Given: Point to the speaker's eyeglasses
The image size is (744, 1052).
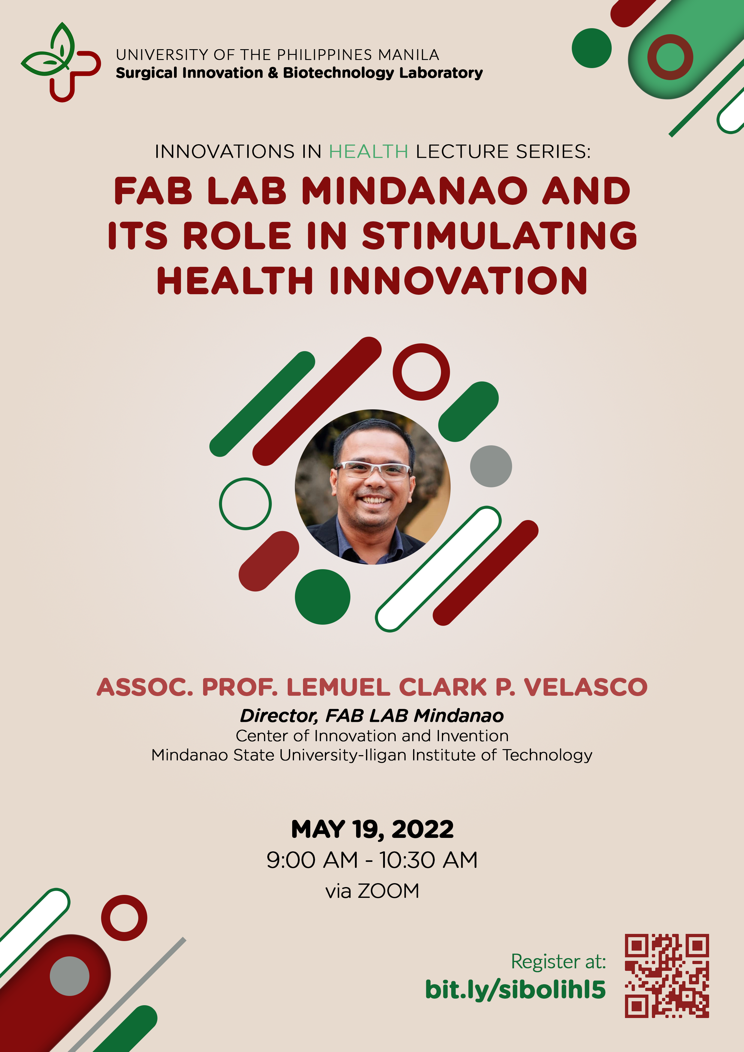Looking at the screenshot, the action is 373,470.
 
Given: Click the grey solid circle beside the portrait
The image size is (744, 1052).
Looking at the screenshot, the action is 491,466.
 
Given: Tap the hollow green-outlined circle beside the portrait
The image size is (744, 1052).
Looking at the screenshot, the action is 245,504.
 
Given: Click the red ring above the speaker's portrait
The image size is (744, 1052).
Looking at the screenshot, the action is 421,372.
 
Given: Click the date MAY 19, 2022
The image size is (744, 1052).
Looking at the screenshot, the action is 372,829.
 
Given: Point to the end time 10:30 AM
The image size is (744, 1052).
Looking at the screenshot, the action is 429,860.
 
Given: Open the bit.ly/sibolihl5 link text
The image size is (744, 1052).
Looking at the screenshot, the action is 515,990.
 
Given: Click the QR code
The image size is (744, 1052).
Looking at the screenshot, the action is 667,976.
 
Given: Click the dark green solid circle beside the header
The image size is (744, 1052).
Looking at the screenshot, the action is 591,48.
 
